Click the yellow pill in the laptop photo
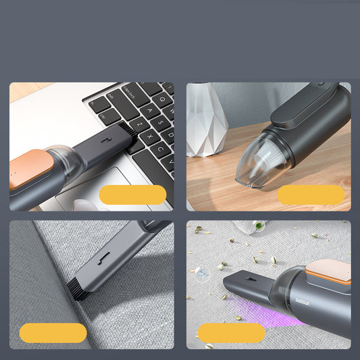point(132,195)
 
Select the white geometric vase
point(206,120)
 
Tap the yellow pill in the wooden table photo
point(311,195)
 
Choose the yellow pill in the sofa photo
point(53,332)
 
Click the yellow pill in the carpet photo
point(231,332)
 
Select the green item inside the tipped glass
point(257,226)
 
